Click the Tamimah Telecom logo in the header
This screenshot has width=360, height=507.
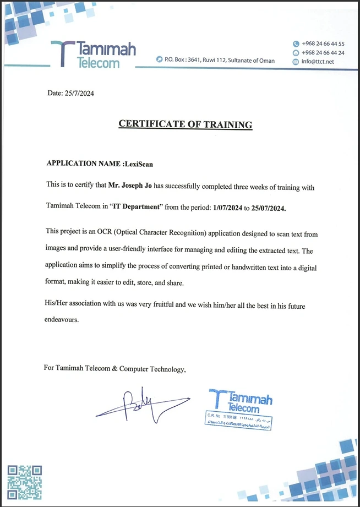93,54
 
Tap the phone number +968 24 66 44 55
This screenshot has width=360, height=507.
323,43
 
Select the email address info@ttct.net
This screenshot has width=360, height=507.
318,62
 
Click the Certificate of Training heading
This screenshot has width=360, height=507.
186,124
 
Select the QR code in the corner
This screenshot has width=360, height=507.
24,482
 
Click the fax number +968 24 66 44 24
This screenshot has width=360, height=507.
323,53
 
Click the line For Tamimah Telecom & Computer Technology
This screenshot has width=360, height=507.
115,369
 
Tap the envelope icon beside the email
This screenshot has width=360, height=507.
296,62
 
